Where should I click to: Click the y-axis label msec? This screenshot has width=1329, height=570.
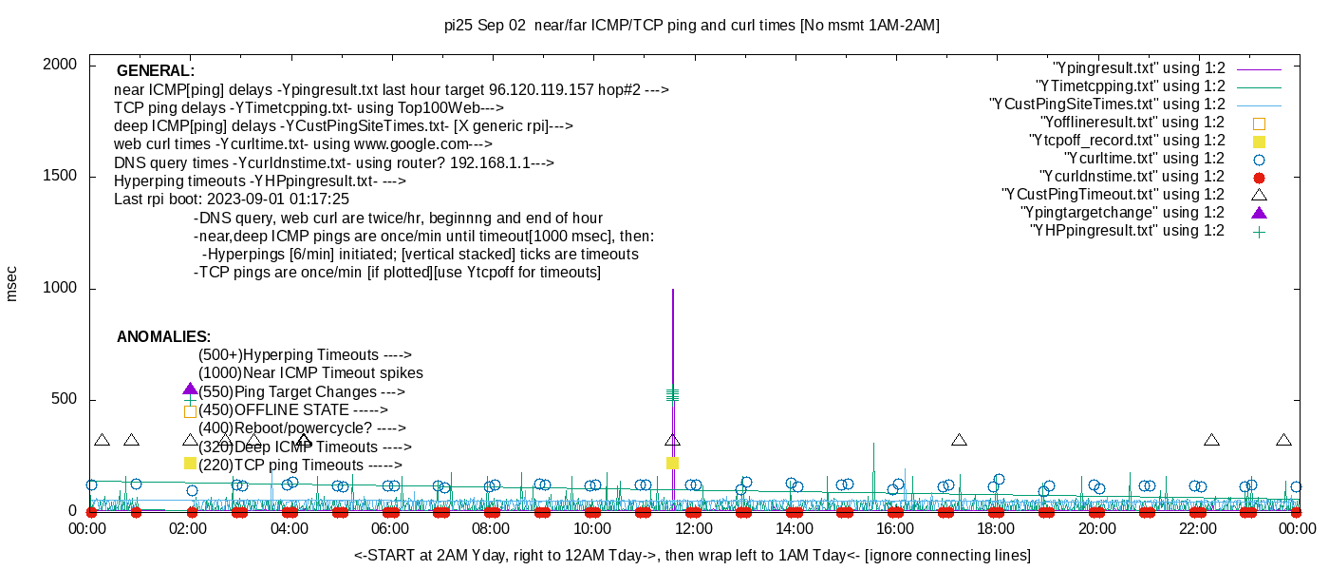12,283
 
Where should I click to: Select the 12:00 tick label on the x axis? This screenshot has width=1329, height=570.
692,529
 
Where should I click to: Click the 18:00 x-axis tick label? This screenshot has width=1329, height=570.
995,529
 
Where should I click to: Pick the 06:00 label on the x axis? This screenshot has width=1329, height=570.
390,529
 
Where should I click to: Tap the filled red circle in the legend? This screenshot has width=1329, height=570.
1260,177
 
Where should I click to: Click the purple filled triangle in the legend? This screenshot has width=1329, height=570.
1260,213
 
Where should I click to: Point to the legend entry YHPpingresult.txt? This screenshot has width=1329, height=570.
1127,231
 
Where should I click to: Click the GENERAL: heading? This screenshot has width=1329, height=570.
156,71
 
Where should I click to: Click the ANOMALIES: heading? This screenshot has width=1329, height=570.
163,337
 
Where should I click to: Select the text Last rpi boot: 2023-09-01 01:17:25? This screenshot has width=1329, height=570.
232,199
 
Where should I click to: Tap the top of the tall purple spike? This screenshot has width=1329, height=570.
673,290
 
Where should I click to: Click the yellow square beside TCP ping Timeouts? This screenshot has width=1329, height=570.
190,463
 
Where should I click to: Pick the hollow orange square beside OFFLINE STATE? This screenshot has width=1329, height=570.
190,411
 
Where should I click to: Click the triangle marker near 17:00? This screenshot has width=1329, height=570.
959,440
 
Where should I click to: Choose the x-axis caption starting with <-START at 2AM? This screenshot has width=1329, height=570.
692,555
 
